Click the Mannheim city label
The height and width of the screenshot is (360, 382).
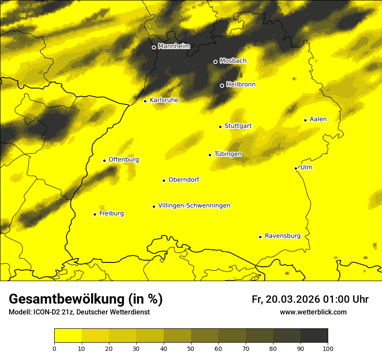click(x=174, y=46)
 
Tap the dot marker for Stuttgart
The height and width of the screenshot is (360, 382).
click(x=220, y=127)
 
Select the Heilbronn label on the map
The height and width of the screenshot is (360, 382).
click(x=241, y=84)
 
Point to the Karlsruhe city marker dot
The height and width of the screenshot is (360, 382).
click(x=145, y=101)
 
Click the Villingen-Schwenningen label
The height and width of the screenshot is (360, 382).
click(x=194, y=205)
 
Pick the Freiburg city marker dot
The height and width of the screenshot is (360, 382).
click(x=95, y=214)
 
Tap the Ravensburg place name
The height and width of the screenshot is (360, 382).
click(x=283, y=236)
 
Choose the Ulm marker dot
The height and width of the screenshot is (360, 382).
click(x=296, y=168)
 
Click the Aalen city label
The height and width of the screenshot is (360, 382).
click(x=318, y=119)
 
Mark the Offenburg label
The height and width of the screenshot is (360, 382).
click(x=124, y=159)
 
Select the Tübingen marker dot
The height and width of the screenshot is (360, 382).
click(x=210, y=155)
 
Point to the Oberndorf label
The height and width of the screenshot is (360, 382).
click(x=184, y=179)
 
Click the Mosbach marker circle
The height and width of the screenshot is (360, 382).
click(x=215, y=62)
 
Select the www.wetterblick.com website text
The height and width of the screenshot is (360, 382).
click(x=313, y=312)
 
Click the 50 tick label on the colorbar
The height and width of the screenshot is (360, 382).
click(x=191, y=348)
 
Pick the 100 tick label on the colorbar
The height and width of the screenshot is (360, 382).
click(x=328, y=348)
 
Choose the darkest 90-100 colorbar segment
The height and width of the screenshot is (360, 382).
click(x=314, y=336)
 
